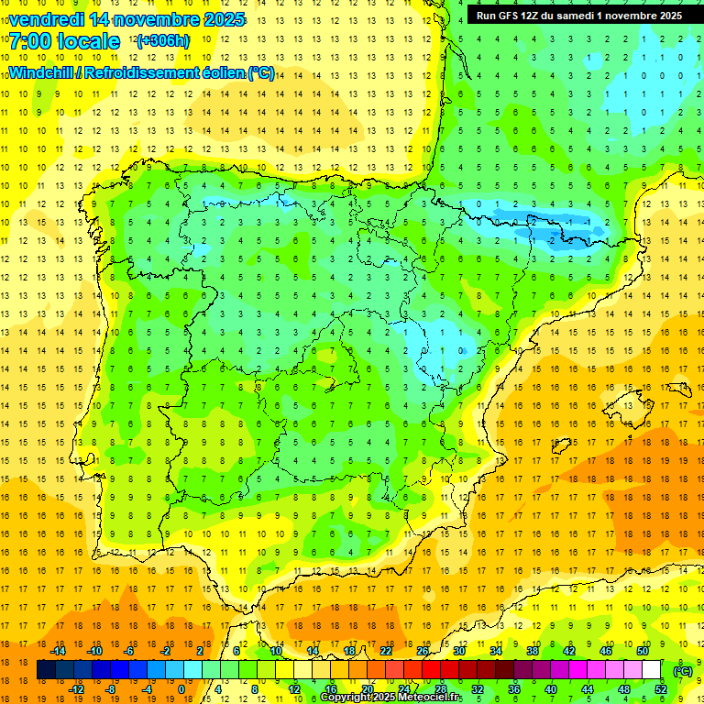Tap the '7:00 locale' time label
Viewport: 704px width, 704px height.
64,41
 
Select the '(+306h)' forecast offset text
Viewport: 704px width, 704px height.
163,41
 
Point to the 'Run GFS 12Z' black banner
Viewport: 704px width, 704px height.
578,16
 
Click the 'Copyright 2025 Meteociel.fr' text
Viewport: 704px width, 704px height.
391,698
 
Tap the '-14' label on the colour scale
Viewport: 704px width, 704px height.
59,651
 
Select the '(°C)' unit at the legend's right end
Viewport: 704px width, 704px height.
683,671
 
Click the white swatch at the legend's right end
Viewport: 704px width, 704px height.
651,671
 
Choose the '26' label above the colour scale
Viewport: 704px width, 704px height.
423,651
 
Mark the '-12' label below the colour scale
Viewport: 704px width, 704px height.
77,689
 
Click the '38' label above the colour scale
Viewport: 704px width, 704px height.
533,651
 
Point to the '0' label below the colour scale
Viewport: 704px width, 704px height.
181,689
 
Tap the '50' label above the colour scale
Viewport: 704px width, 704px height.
643,651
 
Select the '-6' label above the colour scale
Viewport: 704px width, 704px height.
130,651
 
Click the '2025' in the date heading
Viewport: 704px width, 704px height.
223,19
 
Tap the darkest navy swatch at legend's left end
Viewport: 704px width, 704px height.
47,671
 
